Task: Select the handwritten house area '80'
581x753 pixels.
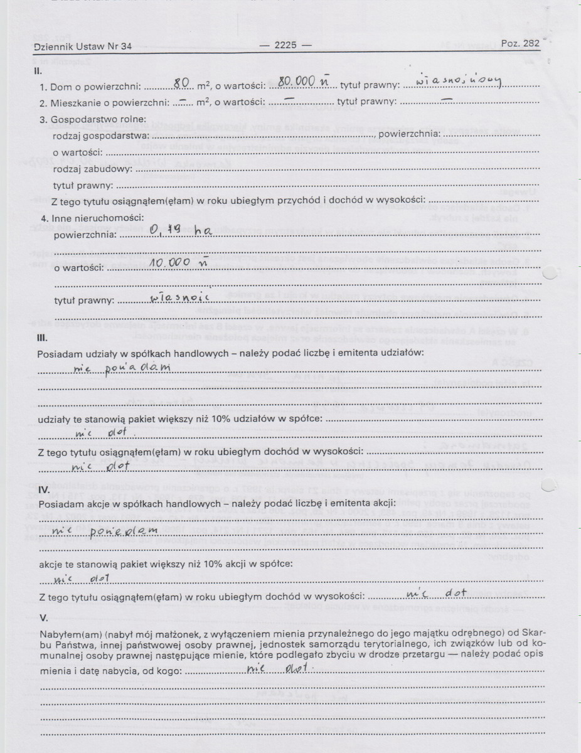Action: [x=181, y=82]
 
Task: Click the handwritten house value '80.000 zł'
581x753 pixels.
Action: [x=304, y=82]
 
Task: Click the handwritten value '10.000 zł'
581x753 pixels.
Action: [x=174, y=264]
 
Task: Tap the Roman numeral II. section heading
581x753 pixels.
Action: [x=38, y=71]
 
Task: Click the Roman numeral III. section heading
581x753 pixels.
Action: [x=40, y=339]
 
